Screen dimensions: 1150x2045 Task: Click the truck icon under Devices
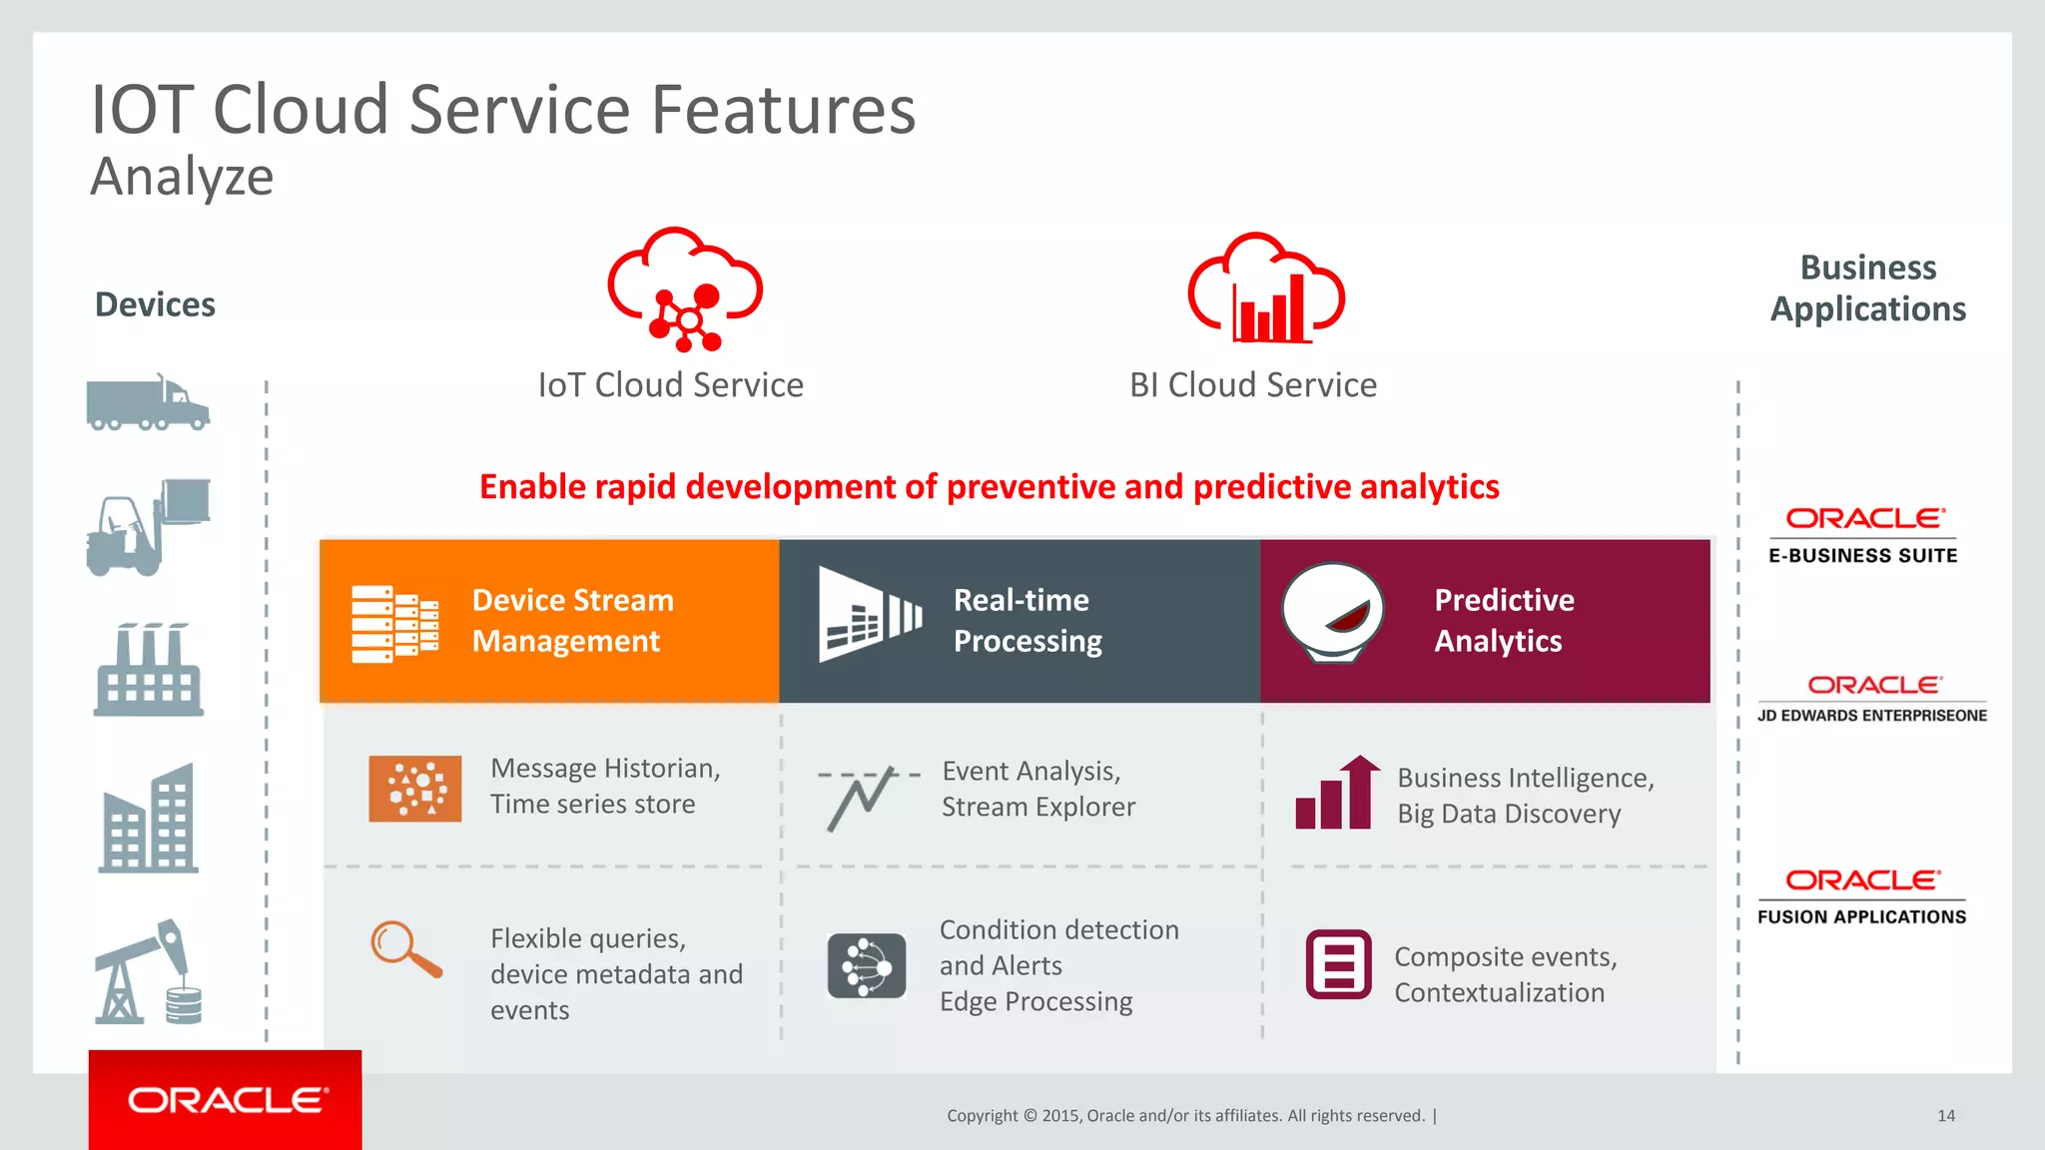click(x=148, y=403)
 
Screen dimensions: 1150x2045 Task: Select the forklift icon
click(x=148, y=527)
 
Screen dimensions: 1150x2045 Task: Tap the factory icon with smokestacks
click(x=149, y=670)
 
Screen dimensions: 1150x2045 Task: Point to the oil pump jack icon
click(x=148, y=972)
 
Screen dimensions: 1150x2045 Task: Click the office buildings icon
click(x=149, y=819)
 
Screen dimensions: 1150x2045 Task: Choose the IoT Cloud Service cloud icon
click(x=685, y=289)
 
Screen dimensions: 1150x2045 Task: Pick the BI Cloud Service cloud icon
click(x=1266, y=289)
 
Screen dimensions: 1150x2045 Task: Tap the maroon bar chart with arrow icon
click(x=1338, y=793)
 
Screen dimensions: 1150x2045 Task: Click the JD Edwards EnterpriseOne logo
click(x=1872, y=698)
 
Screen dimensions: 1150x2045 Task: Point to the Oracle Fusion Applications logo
click(x=1862, y=896)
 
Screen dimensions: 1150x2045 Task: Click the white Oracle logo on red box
click(x=227, y=1100)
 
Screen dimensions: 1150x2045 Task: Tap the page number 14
click(x=1946, y=1116)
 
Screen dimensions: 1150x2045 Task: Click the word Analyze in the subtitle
click(x=182, y=178)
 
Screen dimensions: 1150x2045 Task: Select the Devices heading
click(x=155, y=304)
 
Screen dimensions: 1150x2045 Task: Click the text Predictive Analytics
click(x=1504, y=620)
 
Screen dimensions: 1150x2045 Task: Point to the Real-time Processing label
click(x=1027, y=620)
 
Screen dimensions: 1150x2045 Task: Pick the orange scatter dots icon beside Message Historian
click(x=415, y=789)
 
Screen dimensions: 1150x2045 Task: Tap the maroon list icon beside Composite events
click(x=1338, y=964)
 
